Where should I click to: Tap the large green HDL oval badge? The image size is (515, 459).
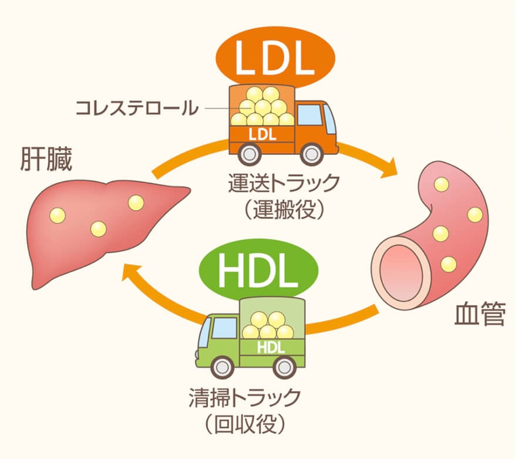point(259,270)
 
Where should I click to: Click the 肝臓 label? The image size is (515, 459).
point(46,159)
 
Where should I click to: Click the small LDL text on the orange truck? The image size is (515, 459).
point(262,134)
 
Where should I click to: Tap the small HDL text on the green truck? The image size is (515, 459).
point(271,347)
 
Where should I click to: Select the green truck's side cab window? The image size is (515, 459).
point(225,328)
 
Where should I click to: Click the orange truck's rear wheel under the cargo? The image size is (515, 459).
point(250,154)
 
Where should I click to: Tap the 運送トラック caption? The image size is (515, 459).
point(284,184)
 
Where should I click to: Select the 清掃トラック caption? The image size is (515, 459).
point(245,397)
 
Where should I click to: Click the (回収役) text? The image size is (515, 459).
point(245,424)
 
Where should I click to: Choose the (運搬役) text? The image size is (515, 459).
point(284,210)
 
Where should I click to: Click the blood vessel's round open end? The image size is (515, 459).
point(400,272)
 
